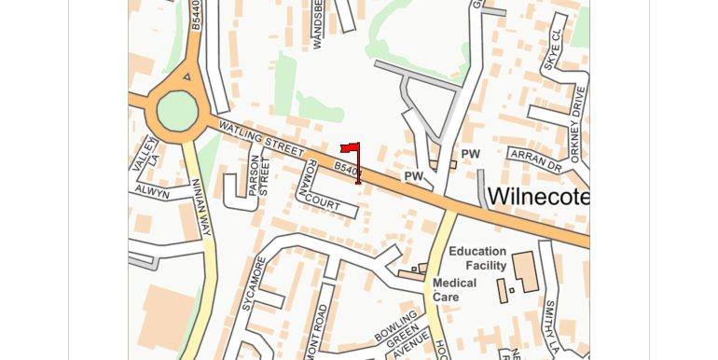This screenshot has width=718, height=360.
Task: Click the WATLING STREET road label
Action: tap(261, 138)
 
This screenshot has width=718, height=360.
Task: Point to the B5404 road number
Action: tap(348, 170)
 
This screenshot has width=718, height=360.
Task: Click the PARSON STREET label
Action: tap(257, 174)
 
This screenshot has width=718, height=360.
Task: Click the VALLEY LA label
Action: tap(145, 153)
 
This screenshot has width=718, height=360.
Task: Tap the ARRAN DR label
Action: tap(535, 159)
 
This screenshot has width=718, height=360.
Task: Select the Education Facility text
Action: tap(477, 258)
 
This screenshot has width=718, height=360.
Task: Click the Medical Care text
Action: tap(454, 290)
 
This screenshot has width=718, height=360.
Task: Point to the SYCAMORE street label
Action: tap(249, 285)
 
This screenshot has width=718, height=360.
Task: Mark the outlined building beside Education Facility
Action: tap(524, 270)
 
